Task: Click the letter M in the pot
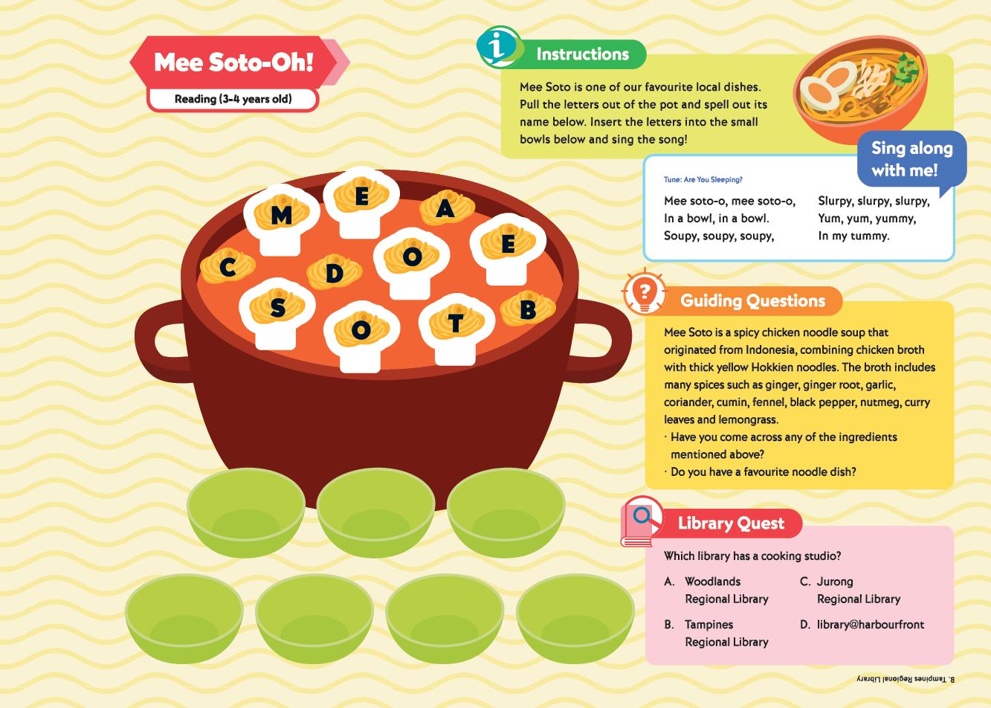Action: (281, 216)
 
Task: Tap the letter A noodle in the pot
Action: (445, 208)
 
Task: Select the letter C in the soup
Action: (227, 268)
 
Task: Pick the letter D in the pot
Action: (335, 274)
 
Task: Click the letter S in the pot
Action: (278, 308)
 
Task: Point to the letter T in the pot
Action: (455, 324)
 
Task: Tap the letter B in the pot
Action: (529, 309)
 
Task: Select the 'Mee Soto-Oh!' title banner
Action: (239, 62)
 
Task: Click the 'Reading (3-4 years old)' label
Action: (233, 99)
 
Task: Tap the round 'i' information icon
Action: (499, 47)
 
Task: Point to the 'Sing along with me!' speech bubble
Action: (911, 160)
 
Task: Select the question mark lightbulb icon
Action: (644, 292)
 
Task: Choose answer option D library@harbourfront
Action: (862, 625)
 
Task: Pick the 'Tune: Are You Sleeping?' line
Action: (703, 180)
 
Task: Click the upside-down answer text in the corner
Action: (906, 679)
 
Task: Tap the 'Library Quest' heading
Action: (731, 524)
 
